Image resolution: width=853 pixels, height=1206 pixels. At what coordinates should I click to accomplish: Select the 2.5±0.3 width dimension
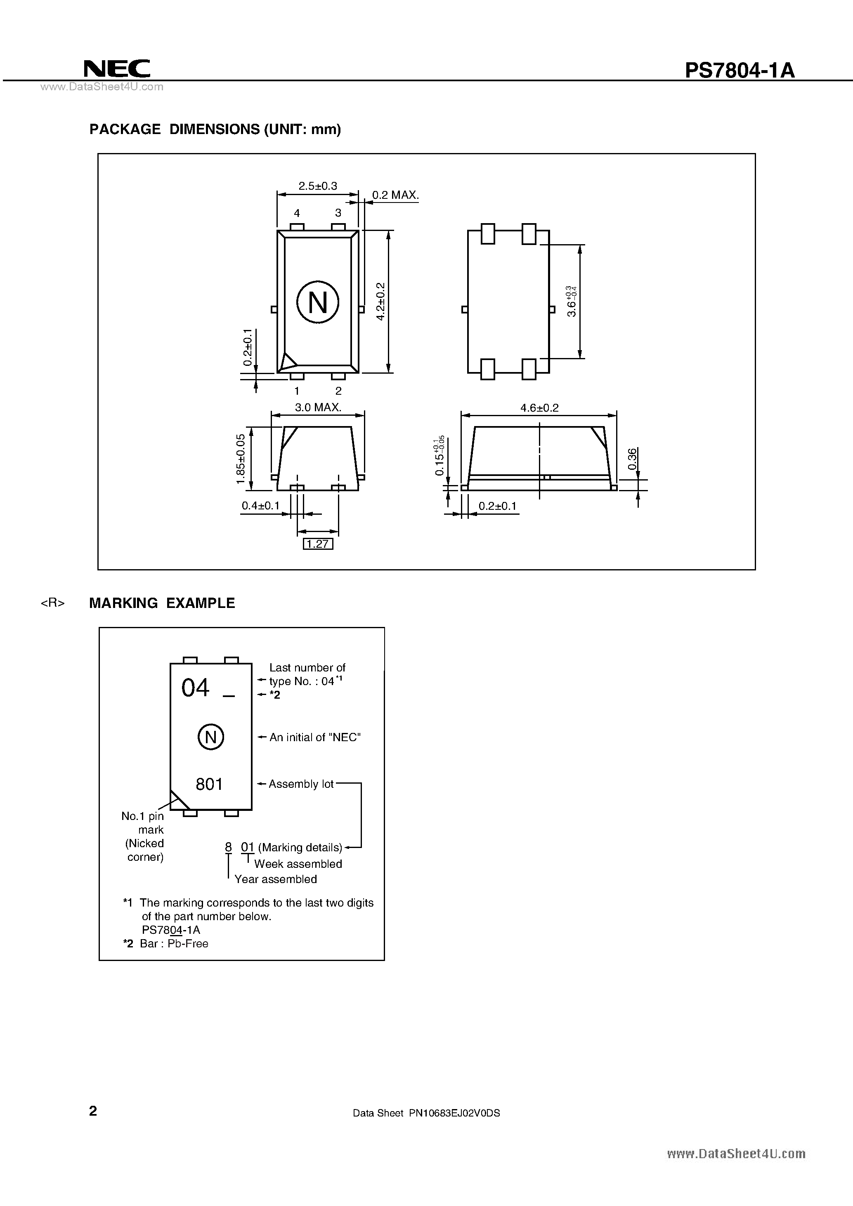point(317,186)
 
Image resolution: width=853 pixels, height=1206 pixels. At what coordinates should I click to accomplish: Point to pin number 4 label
point(297,213)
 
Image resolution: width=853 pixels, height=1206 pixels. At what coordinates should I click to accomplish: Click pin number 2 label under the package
point(338,391)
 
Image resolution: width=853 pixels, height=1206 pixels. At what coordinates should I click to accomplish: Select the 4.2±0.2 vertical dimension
point(381,301)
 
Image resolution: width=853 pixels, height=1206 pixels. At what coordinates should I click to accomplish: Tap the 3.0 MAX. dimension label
point(318,407)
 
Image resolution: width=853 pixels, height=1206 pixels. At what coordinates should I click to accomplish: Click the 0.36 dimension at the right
point(632,459)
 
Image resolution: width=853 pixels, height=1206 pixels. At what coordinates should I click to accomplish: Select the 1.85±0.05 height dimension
point(241,459)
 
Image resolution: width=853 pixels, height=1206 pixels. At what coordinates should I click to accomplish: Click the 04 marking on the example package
point(196,688)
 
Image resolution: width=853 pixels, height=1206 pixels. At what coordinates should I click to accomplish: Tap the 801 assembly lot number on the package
point(209,784)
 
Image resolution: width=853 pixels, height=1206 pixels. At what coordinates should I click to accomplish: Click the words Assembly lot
point(301,784)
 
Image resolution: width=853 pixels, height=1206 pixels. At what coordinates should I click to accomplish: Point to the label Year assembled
point(275,879)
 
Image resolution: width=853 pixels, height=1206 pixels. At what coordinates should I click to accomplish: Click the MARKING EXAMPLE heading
point(162,603)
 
